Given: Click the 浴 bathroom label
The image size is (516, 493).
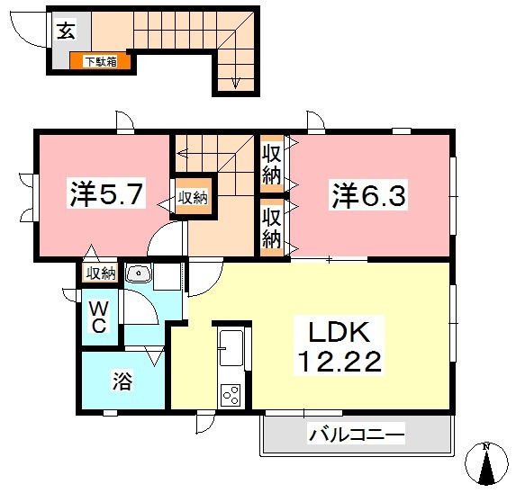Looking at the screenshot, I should pyautogui.click(x=122, y=381).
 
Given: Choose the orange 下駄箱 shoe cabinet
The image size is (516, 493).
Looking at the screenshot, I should pyautogui.click(x=100, y=62).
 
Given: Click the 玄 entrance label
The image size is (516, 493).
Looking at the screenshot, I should pyautogui.click(x=66, y=31).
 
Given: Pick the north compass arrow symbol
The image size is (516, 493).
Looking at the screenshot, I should pyautogui.click(x=485, y=467).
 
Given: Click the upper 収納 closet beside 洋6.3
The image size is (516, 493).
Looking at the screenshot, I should pyautogui.click(x=272, y=162).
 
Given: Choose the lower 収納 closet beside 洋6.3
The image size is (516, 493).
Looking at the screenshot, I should pyautogui.click(x=272, y=225).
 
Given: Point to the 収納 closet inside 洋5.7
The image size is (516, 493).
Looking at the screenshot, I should pyautogui.click(x=192, y=197).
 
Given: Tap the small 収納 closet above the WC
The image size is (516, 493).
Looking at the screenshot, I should pyautogui.click(x=100, y=273).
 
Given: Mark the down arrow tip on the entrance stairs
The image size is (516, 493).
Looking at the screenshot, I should pyautogui.click(x=235, y=87).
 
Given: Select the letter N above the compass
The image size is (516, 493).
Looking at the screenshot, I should pyautogui.click(x=485, y=446).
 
